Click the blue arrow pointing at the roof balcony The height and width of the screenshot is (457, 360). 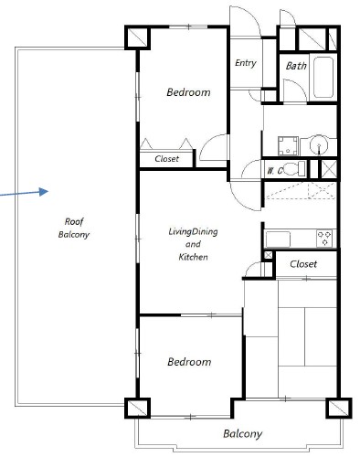(x=25, y=193)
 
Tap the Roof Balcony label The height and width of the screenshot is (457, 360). (x=74, y=228)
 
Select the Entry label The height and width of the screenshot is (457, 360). (x=246, y=63)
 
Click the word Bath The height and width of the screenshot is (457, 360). (x=296, y=66)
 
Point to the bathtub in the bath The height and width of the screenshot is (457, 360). (x=323, y=77)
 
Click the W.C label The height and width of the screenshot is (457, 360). (x=275, y=171)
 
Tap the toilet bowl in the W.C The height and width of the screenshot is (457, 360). (x=293, y=169)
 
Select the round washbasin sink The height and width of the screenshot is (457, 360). (x=319, y=145)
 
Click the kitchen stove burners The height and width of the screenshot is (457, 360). (x=324, y=239)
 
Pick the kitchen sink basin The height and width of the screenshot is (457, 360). (x=278, y=239)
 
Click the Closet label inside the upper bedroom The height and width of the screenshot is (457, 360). (x=166, y=159)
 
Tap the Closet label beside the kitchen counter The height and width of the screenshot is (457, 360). (x=303, y=264)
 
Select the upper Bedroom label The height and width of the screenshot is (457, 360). (x=188, y=92)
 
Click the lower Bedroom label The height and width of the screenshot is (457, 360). (x=189, y=362)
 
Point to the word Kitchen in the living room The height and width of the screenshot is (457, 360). (x=193, y=257)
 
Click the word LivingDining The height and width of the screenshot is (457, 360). (x=193, y=231)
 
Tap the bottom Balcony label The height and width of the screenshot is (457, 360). (x=242, y=433)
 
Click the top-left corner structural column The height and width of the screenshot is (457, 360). (x=137, y=37)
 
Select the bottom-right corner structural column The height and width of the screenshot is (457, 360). (x=339, y=408)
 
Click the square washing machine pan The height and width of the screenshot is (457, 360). (x=288, y=145)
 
